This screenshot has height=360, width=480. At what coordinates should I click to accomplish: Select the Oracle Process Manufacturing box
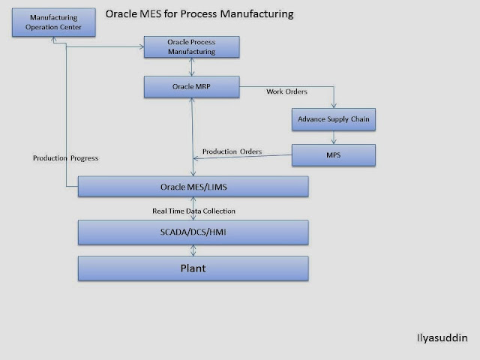(x=192, y=47)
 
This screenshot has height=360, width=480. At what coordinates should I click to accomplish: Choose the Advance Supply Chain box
(x=333, y=119)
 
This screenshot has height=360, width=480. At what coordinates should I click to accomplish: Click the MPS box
(x=333, y=156)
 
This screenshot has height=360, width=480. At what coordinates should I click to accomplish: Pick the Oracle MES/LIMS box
(x=193, y=186)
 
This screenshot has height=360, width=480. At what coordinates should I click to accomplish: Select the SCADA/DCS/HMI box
(x=193, y=232)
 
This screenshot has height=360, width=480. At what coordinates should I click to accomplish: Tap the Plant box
(x=193, y=268)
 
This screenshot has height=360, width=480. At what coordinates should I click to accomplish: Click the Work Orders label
(x=286, y=91)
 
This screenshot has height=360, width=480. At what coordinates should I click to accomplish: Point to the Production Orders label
(x=232, y=151)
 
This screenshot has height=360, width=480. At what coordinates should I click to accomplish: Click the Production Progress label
(x=66, y=158)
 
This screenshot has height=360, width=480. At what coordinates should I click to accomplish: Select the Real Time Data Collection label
(x=194, y=211)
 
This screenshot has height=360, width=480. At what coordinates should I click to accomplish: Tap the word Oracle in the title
(x=121, y=13)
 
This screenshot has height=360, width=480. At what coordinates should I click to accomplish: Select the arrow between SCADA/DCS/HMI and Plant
(x=193, y=250)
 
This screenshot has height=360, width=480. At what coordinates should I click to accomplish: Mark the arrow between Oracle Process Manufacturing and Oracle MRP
(x=193, y=67)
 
